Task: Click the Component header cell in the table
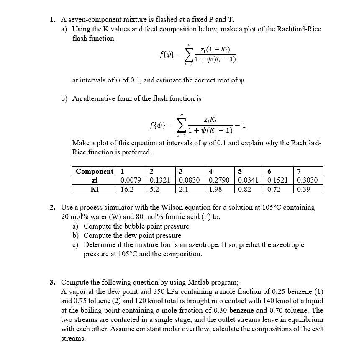94,171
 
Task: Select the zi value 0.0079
130,180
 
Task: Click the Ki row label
95,189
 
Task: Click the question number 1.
52,19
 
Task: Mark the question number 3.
52,282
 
